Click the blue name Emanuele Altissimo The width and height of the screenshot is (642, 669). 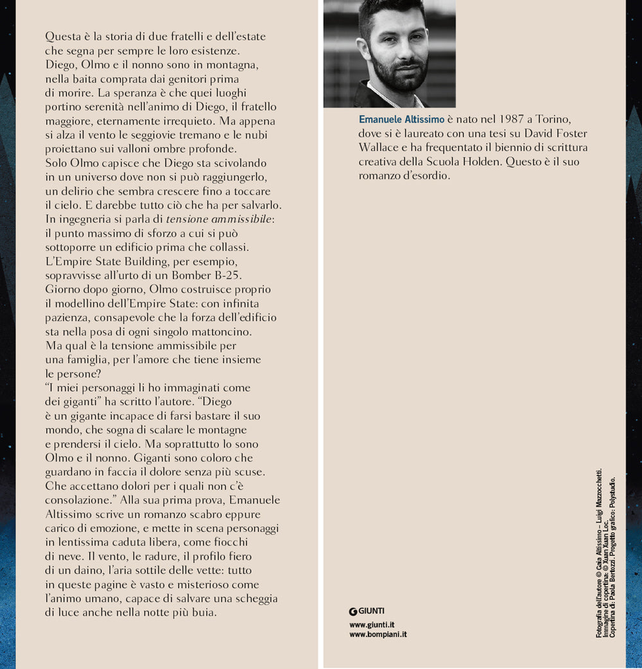coord(401,119)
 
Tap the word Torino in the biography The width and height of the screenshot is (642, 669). coord(563,119)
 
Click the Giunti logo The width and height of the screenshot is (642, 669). coord(367,611)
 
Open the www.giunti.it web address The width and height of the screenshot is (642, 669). coord(372,624)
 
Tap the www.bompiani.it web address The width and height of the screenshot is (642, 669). coord(378,634)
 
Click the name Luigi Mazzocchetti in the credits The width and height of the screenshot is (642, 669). coord(599,498)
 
